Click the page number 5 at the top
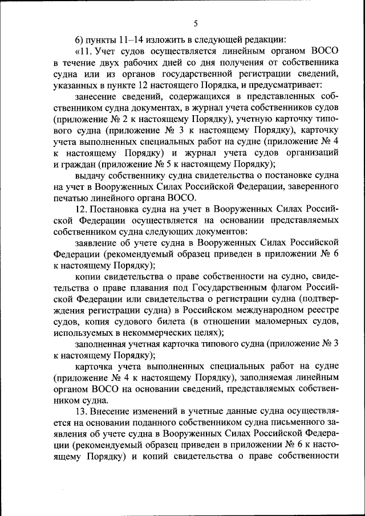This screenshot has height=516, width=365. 195,23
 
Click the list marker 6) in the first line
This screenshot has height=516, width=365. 80,39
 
